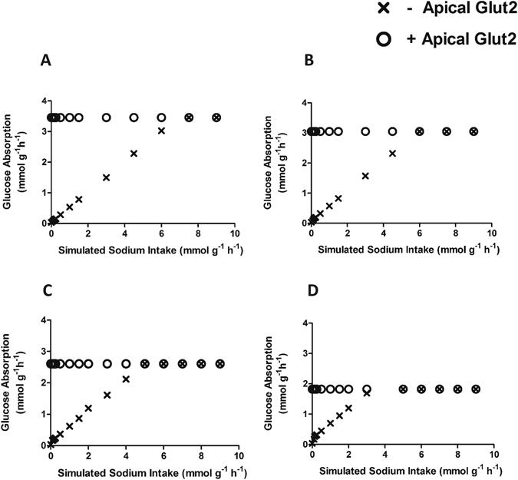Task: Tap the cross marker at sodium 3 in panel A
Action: (106, 177)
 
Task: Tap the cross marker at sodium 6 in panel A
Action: (161, 131)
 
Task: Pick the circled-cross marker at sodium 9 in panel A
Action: (216, 118)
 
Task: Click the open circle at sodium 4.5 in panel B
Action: (393, 131)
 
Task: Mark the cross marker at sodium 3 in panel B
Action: (365, 176)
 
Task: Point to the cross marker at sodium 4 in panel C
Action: (125, 379)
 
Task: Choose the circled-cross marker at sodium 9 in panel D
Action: (476, 389)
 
